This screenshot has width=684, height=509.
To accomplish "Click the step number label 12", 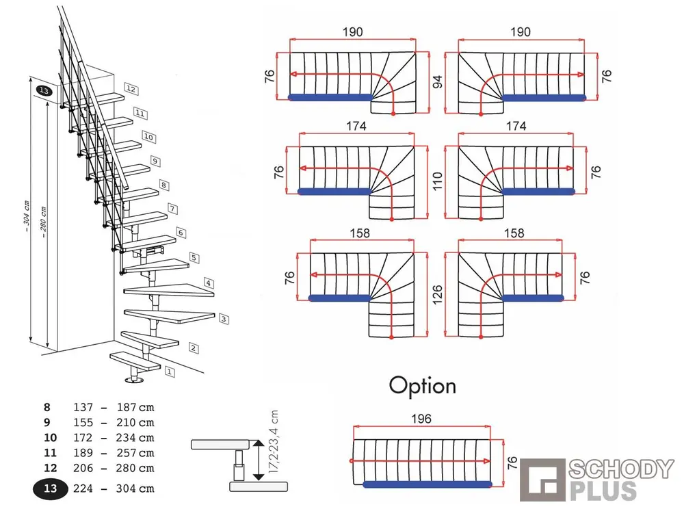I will (x=131, y=90).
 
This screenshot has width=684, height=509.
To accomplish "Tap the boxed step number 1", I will (x=170, y=371).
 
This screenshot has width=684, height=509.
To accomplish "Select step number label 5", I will (x=194, y=258).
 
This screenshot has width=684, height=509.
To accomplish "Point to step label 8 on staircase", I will (x=163, y=185).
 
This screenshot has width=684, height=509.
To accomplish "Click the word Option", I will (x=422, y=385).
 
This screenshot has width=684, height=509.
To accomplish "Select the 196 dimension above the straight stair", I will (x=422, y=419).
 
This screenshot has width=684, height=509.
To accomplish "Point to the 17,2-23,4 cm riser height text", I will (x=274, y=445).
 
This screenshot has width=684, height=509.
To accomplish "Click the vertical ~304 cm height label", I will (x=27, y=218).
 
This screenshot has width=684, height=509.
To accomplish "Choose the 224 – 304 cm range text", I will (x=113, y=488).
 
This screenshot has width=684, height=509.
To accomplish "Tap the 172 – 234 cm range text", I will (x=113, y=438).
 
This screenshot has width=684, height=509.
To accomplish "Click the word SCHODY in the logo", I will (x=621, y=469).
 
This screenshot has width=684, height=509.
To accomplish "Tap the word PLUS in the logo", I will (x=603, y=491).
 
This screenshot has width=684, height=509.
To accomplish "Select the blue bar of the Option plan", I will (x=428, y=484).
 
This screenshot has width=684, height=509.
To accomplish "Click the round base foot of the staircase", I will (x=135, y=380).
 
